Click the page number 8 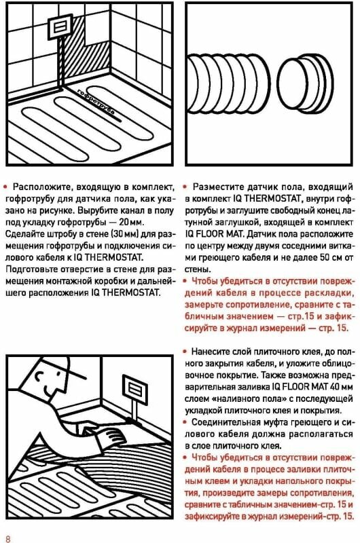[x=8, y=538]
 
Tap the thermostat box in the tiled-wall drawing [x=60, y=26]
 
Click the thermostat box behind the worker [x=135, y=389]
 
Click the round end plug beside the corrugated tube [x=305, y=83]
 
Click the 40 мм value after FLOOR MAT [x=338, y=387]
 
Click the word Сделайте [x=22, y=233]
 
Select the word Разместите [x=217, y=187]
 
